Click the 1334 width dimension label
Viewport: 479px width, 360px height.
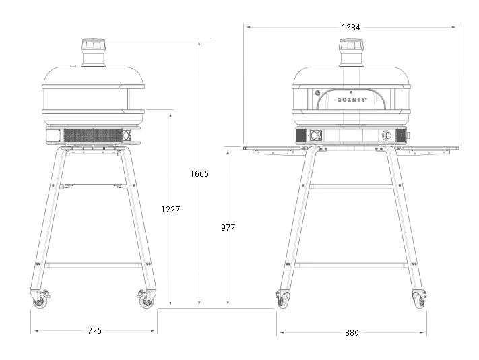pyautogui.click(x=350, y=28)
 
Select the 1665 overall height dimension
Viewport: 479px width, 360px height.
pyautogui.click(x=199, y=173)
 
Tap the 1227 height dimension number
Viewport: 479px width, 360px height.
pyautogui.click(x=170, y=210)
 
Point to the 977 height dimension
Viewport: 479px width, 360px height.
pyautogui.click(x=228, y=228)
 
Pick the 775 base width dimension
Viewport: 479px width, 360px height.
pyautogui.click(x=94, y=331)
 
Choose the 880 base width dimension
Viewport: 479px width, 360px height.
pyautogui.click(x=351, y=332)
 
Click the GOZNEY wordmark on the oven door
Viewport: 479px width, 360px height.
pyautogui.click(x=352, y=100)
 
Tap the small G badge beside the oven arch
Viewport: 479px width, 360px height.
pyautogui.click(x=317, y=94)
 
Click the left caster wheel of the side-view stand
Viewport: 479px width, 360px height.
pyautogui.click(x=41, y=300)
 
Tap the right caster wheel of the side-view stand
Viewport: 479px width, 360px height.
pyautogui.click(x=146, y=300)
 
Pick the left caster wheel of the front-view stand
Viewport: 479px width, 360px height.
pyautogui.click(x=284, y=300)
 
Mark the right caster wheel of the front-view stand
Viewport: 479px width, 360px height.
pyautogui.click(x=419, y=300)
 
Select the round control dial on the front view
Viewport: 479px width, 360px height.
pyautogui.click(x=387, y=136)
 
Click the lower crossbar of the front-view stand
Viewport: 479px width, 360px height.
pyautogui.click(x=351, y=265)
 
